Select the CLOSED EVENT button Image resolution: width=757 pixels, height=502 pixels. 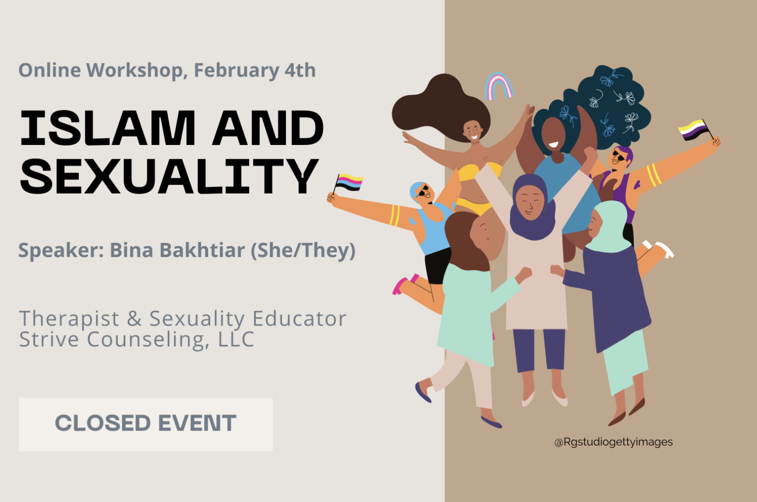(x=146, y=424)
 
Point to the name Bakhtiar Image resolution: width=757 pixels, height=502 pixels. (x=202, y=250)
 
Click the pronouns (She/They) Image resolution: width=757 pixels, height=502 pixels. (x=303, y=250)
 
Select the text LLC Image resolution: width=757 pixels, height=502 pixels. (x=236, y=339)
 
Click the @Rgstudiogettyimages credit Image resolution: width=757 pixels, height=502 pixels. (x=613, y=442)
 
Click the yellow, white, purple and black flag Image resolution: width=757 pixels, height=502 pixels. (x=693, y=130)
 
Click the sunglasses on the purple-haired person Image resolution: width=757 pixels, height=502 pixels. (x=619, y=156)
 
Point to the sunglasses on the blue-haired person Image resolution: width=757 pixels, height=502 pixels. (x=422, y=191)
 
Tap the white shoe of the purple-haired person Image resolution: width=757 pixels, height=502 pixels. (x=665, y=250)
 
